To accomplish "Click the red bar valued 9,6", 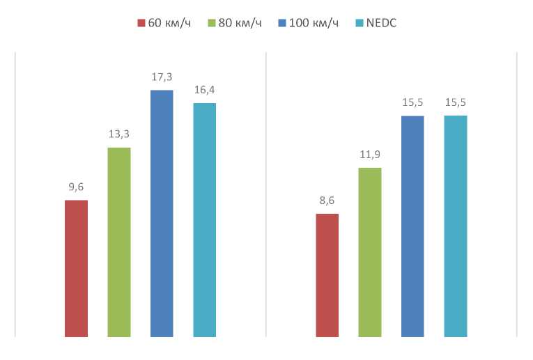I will [76, 268].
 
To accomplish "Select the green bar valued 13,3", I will [119, 242].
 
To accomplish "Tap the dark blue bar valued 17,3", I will [162, 213].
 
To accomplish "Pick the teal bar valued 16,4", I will [204, 219].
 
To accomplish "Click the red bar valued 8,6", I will [327, 274].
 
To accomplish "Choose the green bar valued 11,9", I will [370, 251].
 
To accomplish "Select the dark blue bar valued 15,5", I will [412, 226].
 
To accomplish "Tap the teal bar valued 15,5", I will [456, 226].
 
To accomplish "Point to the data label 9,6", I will [76, 187].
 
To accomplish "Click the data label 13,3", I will [119, 134].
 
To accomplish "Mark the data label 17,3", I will [162, 77].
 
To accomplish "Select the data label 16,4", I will [204, 90].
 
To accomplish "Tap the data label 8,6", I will [327, 201].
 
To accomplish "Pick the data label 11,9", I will [370, 154].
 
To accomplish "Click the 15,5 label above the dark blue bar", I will [412, 102].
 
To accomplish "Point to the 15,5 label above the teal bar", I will [456, 102].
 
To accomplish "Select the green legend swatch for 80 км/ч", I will [212, 23].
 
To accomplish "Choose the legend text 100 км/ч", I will [314, 23].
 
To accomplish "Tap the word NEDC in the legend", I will [381, 23].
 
